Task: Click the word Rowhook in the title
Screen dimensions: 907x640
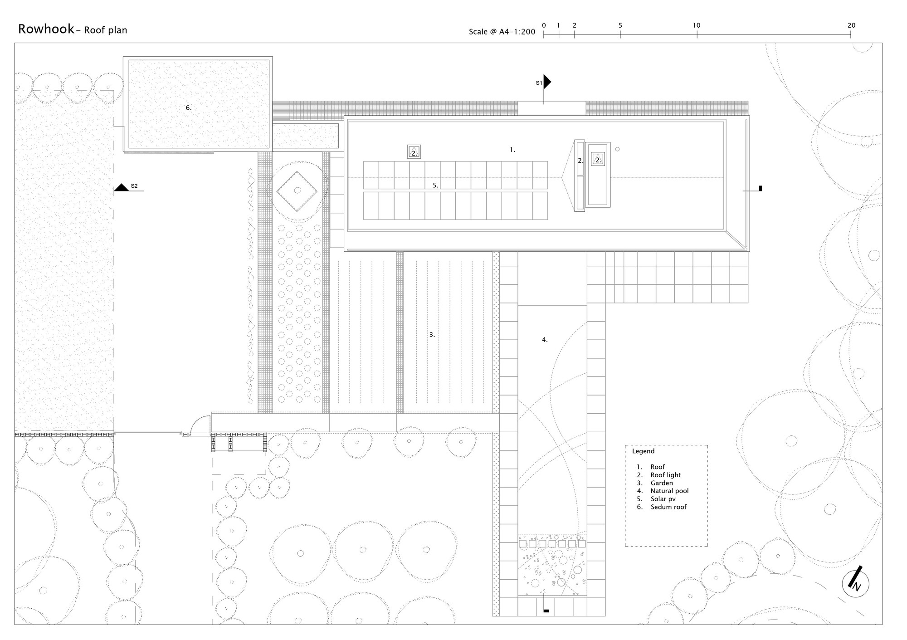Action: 46,29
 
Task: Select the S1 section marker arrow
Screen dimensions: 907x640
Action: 547,82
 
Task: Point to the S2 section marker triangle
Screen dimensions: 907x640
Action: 121,187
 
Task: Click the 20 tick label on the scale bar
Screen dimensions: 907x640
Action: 851,25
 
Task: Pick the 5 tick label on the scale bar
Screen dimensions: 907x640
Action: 620,25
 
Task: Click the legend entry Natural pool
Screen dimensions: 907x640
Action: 669,491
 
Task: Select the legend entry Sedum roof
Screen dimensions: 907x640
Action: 668,507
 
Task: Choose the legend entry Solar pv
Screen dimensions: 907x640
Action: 663,499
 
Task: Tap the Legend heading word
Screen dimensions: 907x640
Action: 643,451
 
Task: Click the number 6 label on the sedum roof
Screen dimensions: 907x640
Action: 189,107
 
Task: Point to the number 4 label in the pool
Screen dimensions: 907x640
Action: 545,339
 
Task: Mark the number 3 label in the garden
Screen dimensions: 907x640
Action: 432,334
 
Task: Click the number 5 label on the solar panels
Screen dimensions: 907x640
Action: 435,185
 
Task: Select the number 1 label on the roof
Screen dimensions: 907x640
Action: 512,149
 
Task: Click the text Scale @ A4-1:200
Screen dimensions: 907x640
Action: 502,32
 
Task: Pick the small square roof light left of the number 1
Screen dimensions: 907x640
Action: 414,151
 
